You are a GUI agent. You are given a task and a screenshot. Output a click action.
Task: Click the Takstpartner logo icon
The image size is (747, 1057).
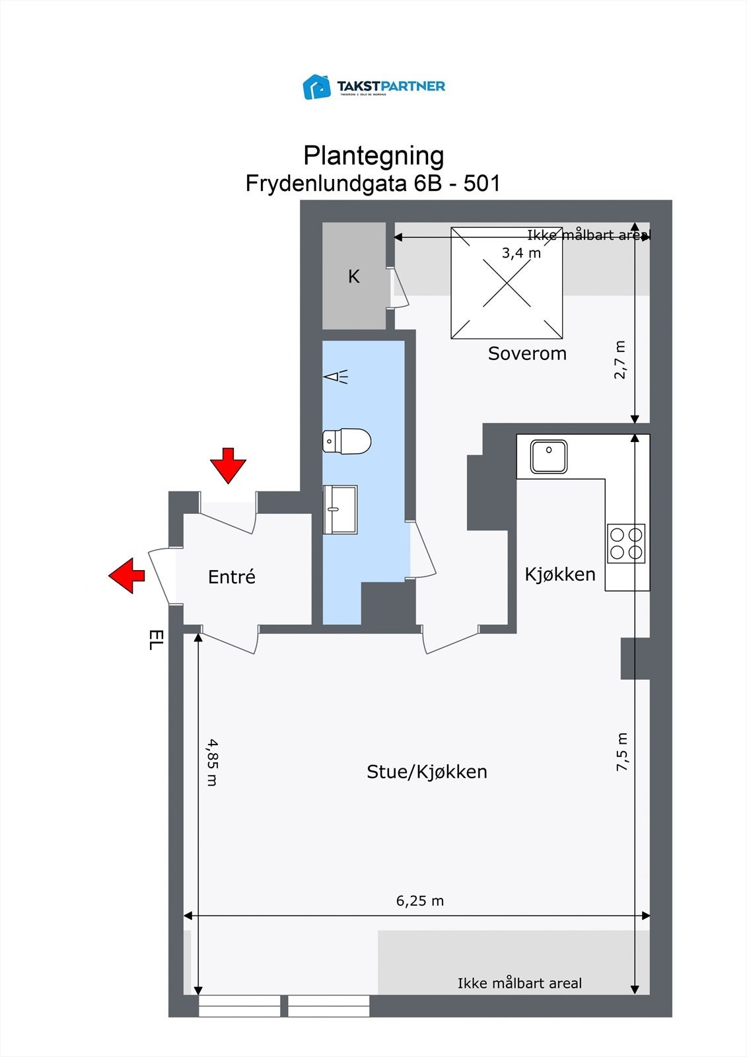pyautogui.click(x=316, y=87)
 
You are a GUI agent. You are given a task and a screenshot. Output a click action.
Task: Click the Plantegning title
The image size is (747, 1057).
pyautogui.click(x=373, y=156)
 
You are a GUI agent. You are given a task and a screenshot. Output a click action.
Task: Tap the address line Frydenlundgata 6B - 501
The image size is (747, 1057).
pyautogui.click(x=373, y=183)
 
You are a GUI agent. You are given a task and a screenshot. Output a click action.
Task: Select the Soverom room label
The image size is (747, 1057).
pyautogui.click(x=527, y=353)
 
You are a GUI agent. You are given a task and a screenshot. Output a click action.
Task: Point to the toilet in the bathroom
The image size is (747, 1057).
pyautogui.click(x=347, y=441)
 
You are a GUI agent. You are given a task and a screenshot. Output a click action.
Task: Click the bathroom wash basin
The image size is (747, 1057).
pyautogui.click(x=339, y=509)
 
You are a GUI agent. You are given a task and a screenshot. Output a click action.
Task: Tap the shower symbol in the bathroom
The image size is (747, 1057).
pyautogui.click(x=336, y=377)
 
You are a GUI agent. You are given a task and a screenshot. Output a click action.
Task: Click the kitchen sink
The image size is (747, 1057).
pyautogui.click(x=549, y=456)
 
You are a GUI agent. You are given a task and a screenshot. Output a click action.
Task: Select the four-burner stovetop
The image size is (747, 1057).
pyautogui.click(x=626, y=543)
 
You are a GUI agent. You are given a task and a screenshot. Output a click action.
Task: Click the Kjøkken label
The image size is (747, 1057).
pyautogui.click(x=560, y=574)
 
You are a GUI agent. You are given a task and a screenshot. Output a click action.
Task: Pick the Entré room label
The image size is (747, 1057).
pyautogui.click(x=231, y=577)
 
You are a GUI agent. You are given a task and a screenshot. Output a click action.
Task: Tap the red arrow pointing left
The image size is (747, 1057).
pyautogui.click(x=127, y=575)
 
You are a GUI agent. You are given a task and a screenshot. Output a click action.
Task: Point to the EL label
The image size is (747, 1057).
pyautogui.click(x=155, y=639)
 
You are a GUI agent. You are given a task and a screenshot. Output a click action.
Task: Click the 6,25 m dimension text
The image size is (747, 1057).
pyautogui.click(x=420, y=900)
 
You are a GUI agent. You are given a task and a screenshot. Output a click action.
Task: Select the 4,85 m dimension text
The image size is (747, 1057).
pyautogui.click(x=212, y=762)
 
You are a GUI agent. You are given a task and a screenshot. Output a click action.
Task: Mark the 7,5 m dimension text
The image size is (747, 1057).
pyautogui.click(x=622, y=752)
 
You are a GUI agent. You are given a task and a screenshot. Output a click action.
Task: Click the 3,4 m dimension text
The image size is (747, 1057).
pyautogui.click(x=521, y=252)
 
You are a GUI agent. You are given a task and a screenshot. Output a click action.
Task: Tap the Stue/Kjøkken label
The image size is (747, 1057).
pyautogui.click(x=427, y=772)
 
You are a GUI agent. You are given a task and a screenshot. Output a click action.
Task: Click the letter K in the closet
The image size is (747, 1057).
pyautogui.click(x=354, y=276)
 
